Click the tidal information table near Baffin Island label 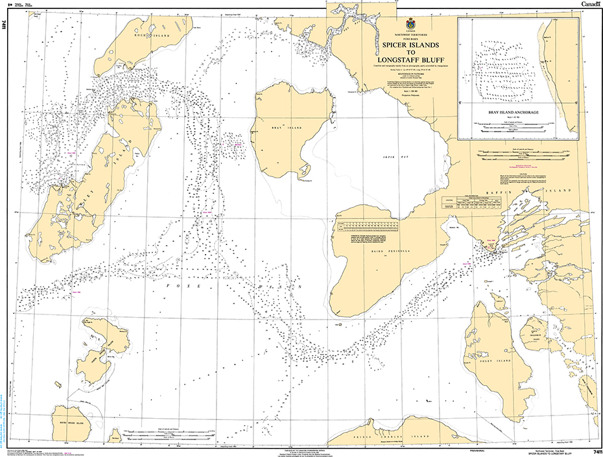[473, 202]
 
